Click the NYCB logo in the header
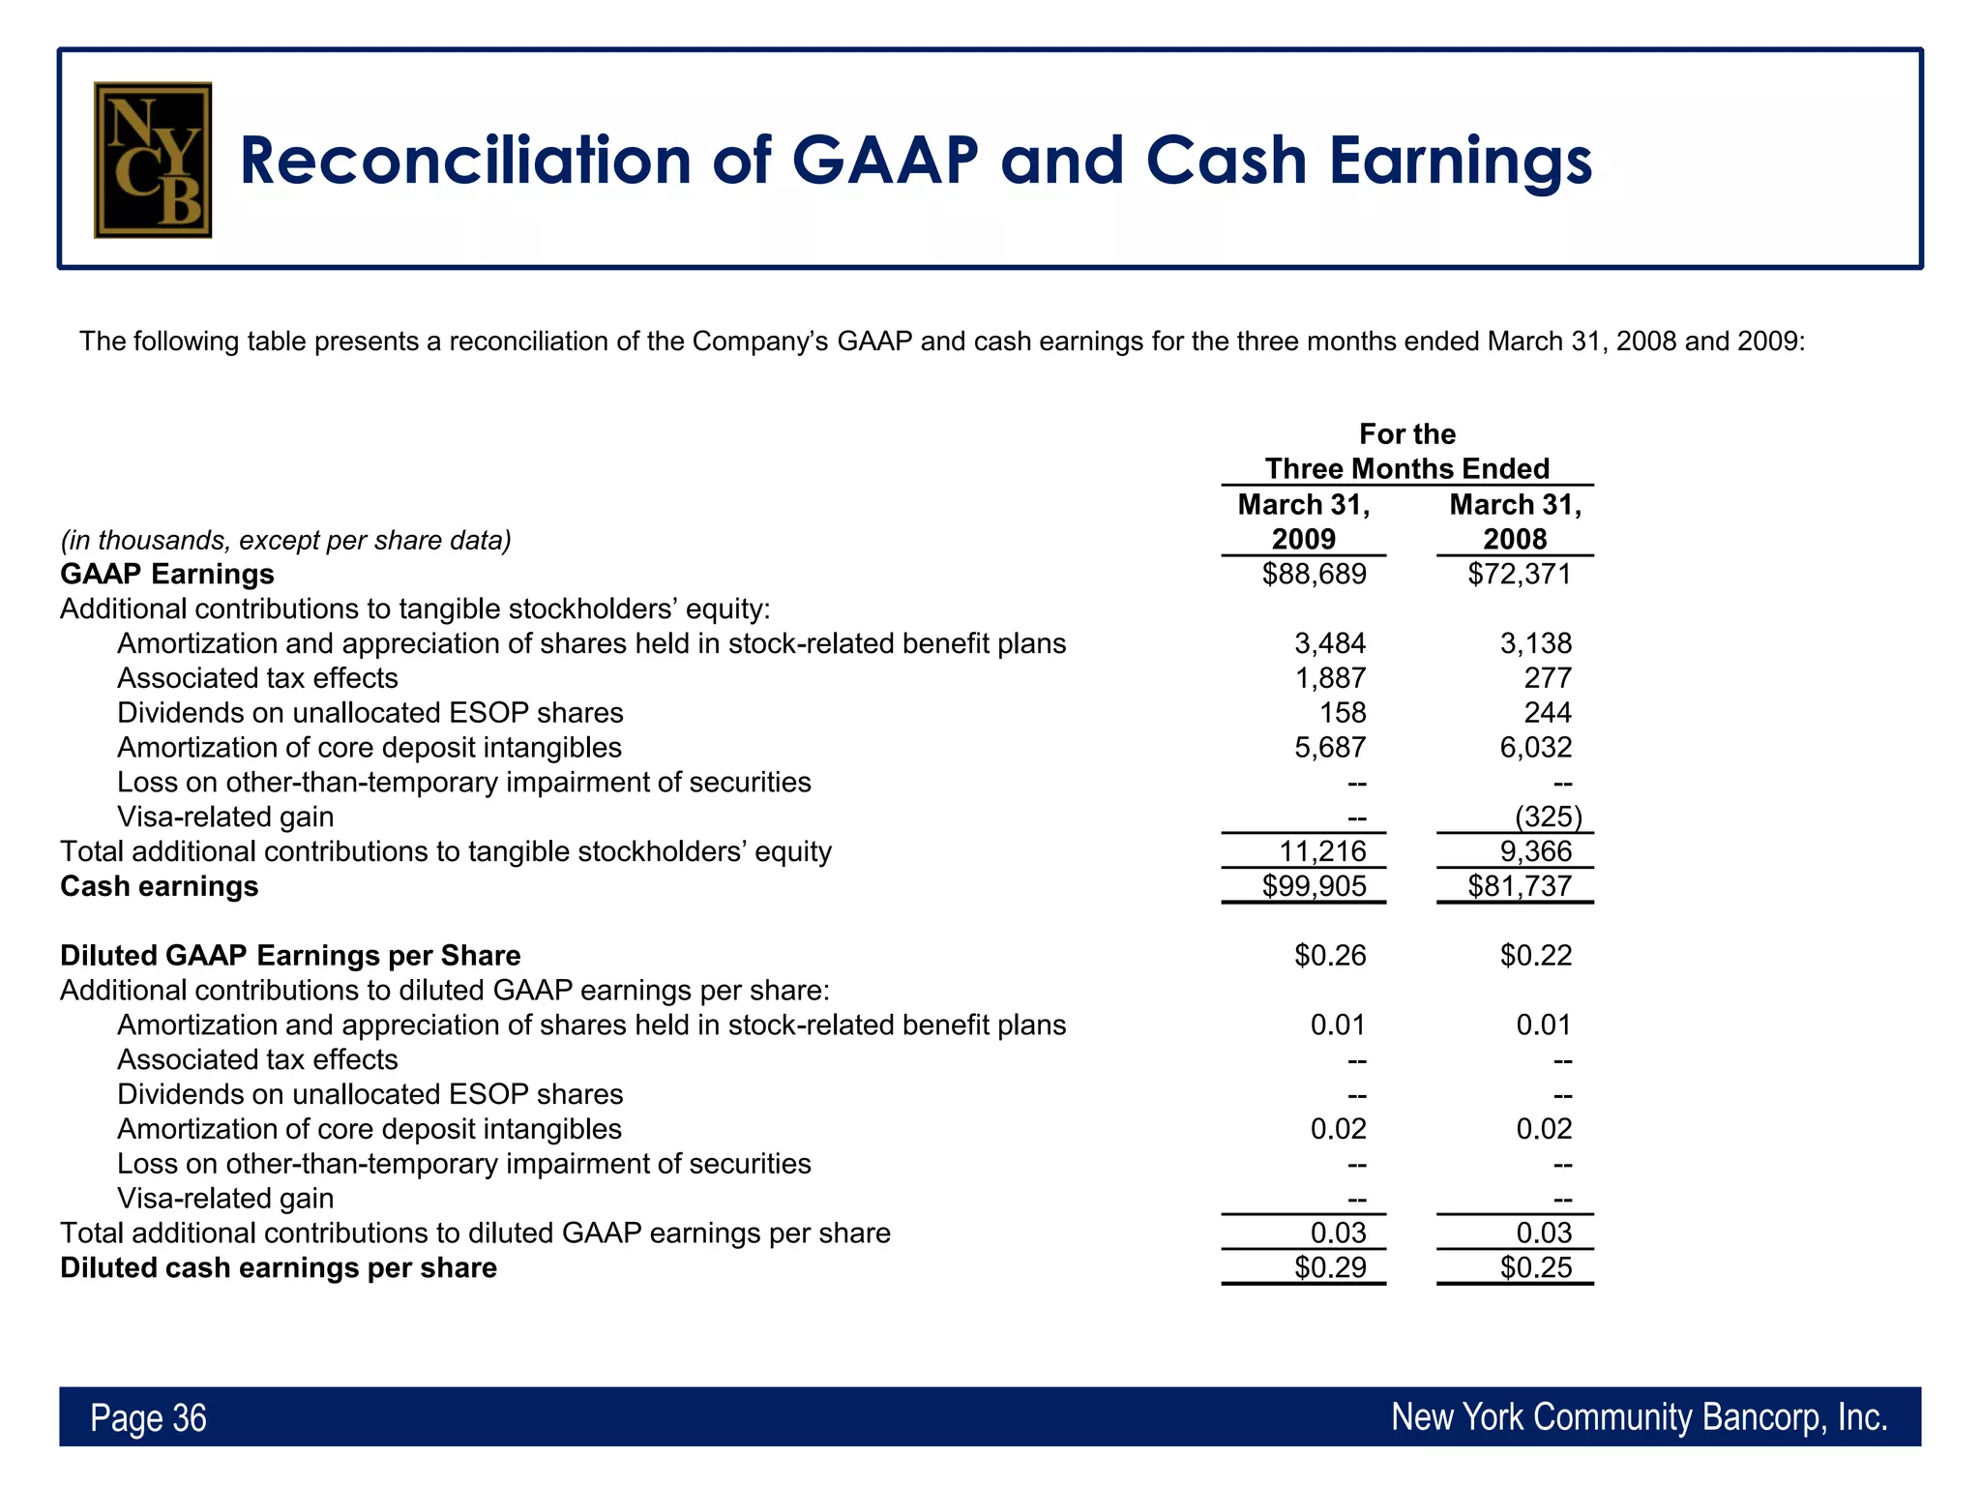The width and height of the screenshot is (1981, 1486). (x=153, y=160)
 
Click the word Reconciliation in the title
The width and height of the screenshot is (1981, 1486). (x=464, y=161)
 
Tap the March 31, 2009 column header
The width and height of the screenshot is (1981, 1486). (x=1303, y=521)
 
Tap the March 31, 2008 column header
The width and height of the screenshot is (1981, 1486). (x=1515, y=521)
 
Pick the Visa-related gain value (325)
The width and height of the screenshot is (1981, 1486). (x=1548, y=817)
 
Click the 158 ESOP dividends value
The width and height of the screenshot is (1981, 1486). (x=1343, y=713)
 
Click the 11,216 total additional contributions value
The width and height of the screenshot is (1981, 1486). (x=1322, y=851)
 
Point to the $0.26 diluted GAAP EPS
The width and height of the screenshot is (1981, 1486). (x=1330, y=956)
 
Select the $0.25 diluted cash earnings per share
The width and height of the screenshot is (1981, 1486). (x=1535, y=1267)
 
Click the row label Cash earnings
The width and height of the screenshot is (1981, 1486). (x=160, y=886)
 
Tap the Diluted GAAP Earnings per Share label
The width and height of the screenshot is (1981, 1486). (x=290, y=956)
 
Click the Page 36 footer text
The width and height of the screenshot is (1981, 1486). (x=148, y=1417)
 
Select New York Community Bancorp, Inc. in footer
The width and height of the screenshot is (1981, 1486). (x=1639, y=1417)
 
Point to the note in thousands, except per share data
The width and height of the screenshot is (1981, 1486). (x=285, y=540)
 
